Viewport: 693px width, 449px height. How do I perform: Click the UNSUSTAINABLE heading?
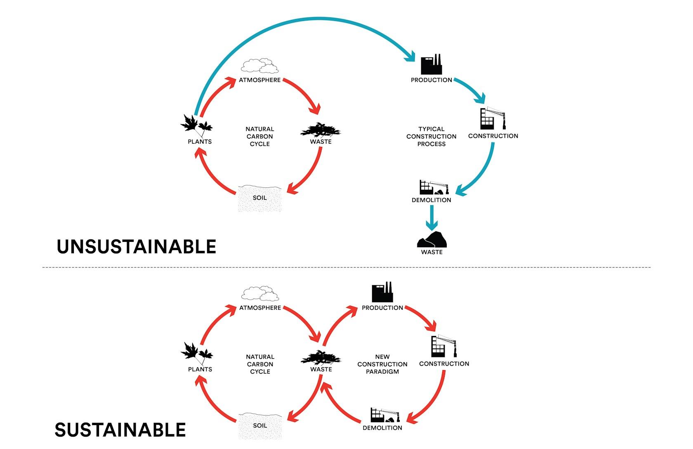(137, 246)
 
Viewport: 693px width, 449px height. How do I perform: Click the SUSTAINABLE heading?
(120, 430)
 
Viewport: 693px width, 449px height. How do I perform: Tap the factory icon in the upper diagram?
(431, 64)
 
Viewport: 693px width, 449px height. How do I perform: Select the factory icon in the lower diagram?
(382, 292)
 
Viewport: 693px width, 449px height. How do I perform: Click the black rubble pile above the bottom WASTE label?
(432, 239)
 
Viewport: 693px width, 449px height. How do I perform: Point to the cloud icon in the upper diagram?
(260, 66)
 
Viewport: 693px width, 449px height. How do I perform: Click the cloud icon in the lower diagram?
(260, 293)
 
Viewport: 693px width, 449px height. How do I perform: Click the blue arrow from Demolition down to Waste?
(431, 218)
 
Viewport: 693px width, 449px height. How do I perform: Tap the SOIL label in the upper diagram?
(259, 198)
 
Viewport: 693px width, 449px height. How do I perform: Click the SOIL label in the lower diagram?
(260, 425)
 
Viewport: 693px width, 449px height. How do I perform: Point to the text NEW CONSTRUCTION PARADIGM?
(382, 364)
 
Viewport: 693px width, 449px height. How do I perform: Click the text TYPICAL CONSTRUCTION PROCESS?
(431, 137)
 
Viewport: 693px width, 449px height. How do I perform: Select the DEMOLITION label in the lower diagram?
(382, 428)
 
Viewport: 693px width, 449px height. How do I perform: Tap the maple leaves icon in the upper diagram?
(196, 126)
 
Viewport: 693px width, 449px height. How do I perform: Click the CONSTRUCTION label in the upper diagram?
(493, 136)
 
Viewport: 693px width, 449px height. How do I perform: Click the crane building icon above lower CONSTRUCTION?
(444, 346)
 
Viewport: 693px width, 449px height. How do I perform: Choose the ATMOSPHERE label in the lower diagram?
(260, 308)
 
